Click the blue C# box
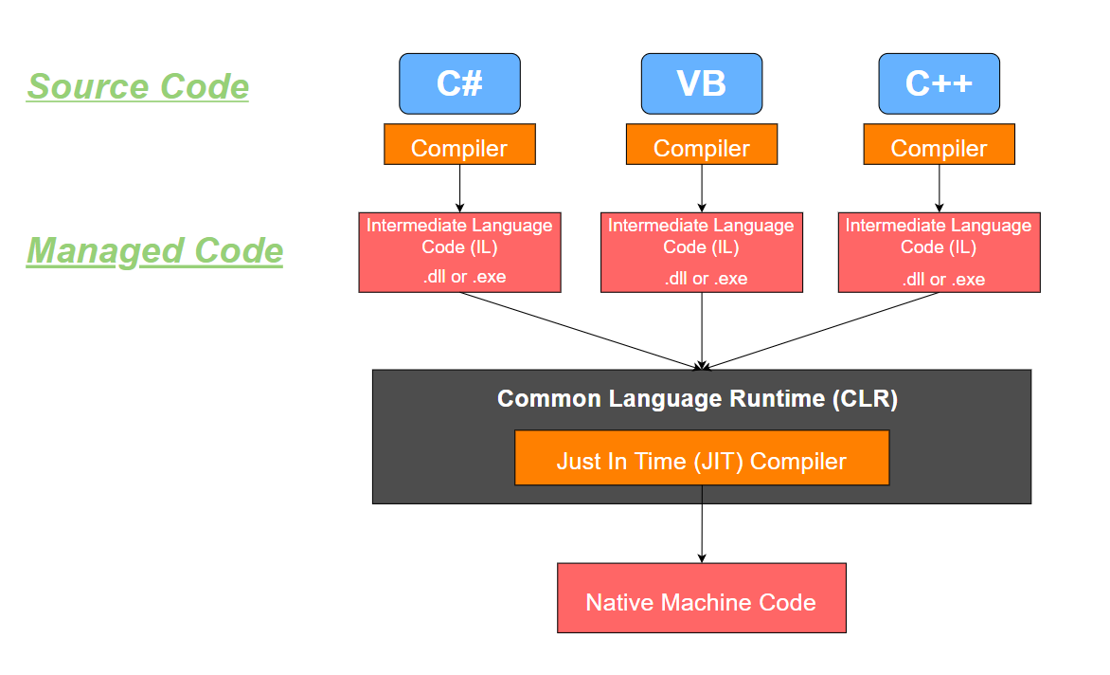pyautogui.click(x=459, y=83)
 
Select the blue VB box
pyautogui.click(x=701, y=83)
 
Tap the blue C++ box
pyautogui.click(x=939, y=83)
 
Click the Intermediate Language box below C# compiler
pyautogui.click(x=459, y=252)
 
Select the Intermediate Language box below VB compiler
pyautogui.click(x=701, y=252)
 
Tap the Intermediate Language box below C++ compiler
pyautogui.click(x=939, y=252)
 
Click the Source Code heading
pyautogui.click(x=138, y=86)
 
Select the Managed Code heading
pyautogui.click(x=154, y=251)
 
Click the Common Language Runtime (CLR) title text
pyautogui.click(x=697, y=398)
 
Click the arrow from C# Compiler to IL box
pyautogui.click(x=459, y=188)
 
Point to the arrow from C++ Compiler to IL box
pyautogui.click(x=939, y=188)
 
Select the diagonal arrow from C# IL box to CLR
pyautogui.click(x=580, y=330)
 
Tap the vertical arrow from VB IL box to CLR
pyautogui.click(x=702, y=330)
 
